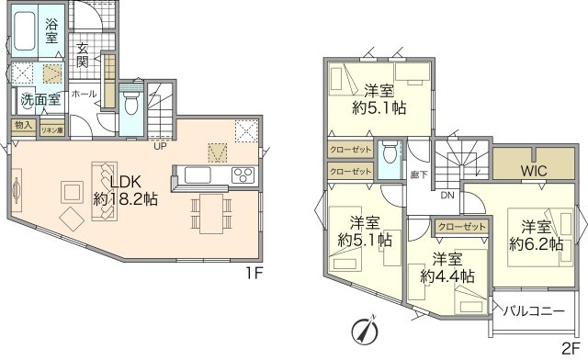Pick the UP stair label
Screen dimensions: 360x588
[160, 145]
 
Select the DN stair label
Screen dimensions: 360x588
[447, 196]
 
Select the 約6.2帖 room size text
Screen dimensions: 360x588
[535, 243]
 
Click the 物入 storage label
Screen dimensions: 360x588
[24, 125]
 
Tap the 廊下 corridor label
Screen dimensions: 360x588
[418, 174]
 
